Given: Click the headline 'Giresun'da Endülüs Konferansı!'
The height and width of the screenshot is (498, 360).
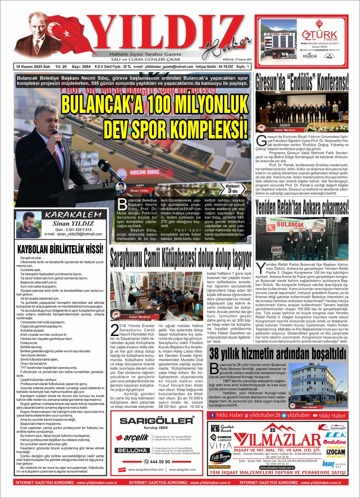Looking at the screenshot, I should click(x=302, y=82).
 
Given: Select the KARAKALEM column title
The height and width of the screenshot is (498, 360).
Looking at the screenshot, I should click(x=73, y=215).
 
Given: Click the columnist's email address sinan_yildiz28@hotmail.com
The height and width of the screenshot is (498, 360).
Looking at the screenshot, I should click(x=73, y=234).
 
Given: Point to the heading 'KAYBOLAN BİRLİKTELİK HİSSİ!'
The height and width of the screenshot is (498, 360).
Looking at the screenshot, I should click(x=60, y=249).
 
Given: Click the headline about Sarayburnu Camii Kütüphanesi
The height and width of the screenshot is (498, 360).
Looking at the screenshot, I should click(x=181, y=258).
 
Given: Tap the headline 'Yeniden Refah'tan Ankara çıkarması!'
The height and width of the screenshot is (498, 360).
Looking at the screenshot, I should click(x=302, y=207).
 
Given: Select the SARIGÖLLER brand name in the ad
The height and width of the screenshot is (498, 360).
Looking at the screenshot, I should click(x=156, y=421).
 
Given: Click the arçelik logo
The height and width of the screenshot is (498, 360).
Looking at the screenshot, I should click(x=136, y=438).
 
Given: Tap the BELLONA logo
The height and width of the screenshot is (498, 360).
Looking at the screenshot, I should click(x=132, y=451).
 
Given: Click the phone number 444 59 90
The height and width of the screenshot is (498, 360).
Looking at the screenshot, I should click(x=157, y=462).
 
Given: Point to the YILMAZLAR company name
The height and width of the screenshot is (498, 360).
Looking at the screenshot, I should click(x=277, y=440).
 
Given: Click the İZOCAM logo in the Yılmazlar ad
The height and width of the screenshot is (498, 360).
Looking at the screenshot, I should click(x=336, y=452).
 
